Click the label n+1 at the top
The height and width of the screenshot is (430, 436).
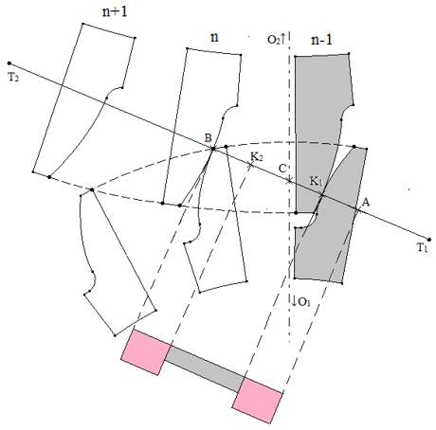pyautogui.click(x=116, y=11)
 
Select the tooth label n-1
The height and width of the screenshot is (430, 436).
pyautogui.click(x=321, y=40)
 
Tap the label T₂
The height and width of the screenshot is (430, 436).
pyautogui.click(x=13, y=78)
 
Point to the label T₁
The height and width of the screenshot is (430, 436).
pyautogui.click(x=422, y=248)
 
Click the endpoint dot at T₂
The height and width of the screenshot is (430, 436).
pyautogui.click(x=9, y=63)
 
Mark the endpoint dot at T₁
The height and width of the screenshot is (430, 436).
pyautogui.click(x=428, y=240)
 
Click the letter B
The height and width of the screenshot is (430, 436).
pyautogui.click(x=208, y=138)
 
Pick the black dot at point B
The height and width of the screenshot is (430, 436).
pyautogui.click(x=213, y=149)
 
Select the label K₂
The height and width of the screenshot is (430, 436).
pyautogui.click(x=257, y=156)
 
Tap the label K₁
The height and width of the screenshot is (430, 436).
pyautogui.click(x=316, y=182)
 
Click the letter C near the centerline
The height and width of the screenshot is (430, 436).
pyautogui.click(x=282, y=169)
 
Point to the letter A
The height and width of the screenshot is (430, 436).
pyautogui.click(x=366, y=202)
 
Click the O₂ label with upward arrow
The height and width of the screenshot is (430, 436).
pyautogui.click(x=276, y=39)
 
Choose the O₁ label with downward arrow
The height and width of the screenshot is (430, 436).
pyautogui.click(x=301, y=302)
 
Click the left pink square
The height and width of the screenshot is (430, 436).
pyautogui.click(x=146, y=352)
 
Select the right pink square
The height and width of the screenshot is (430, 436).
pyautogui.click(x=257, y=401)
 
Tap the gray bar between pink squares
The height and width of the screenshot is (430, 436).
pyautogui.click(x=205, y=368)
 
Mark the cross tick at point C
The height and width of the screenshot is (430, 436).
pyautogui.click(x=289, y=181)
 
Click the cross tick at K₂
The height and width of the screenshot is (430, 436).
pyautogui.click(x=251, y=165)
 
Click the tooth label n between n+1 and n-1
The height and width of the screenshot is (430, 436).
pyautogui.click(x=214, y=38)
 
